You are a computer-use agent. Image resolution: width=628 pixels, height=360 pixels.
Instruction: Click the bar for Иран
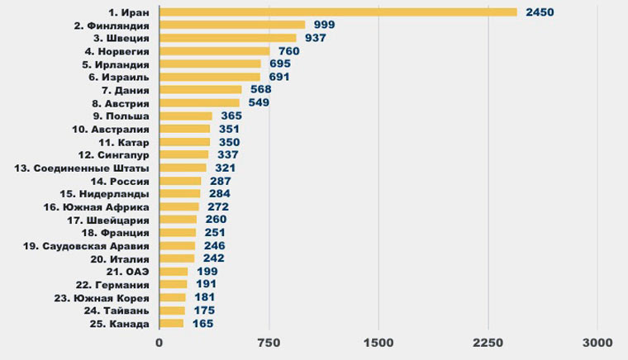point(337,12)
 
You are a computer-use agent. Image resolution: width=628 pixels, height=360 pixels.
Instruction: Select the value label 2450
point(539,12)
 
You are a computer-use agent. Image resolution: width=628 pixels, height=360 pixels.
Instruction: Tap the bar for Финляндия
point(231,26)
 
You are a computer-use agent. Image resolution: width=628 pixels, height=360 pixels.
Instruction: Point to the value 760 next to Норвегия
point(288,51)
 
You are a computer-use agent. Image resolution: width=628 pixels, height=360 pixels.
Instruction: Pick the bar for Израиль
point(209,77)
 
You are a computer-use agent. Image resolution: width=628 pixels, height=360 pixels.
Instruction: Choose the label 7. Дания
point(126,90)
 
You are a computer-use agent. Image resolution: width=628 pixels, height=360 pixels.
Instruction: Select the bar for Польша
point(185,116)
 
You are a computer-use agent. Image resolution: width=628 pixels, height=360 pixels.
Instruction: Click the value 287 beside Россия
point(219,181)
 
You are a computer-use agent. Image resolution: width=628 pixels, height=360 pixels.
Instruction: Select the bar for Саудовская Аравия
point(177,245)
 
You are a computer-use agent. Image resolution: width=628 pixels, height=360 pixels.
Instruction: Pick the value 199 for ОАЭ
point(206,271)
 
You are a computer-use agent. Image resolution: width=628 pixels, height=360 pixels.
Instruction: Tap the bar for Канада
point(171,323)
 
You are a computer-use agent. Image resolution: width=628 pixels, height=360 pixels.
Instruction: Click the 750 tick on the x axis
point(269,342)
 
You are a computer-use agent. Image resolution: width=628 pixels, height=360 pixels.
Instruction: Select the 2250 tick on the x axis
point(488,342)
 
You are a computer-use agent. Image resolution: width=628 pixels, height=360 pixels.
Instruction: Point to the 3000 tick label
point(597,342)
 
